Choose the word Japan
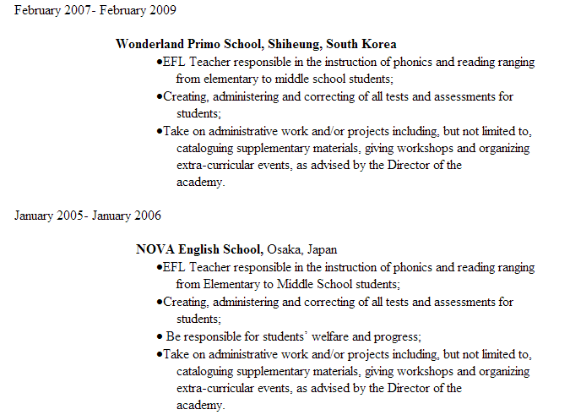[322, 249]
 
